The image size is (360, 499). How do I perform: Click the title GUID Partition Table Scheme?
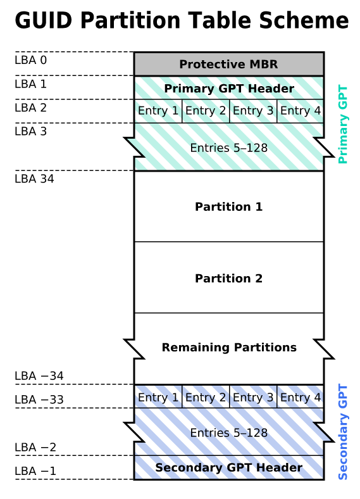[x=182, y=20]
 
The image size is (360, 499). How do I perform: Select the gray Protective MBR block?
[x=229, y=64]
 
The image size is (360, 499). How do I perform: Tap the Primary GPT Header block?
[x=229, y=88]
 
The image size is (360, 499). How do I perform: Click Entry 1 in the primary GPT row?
[x=158, y=111]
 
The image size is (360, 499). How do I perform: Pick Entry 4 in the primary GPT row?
[x=301, y=111]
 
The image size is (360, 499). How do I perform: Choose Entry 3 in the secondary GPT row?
[x=253, y=397]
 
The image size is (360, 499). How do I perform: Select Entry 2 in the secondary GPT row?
[x=206, y=397]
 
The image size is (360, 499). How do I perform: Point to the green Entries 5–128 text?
[x=228, y=148]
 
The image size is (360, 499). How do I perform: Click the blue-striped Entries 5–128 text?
[x=228, y=433]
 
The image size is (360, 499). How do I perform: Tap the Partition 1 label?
[x=228, y=207]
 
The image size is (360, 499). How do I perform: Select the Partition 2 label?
[x=228, y=279]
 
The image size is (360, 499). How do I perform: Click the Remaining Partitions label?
[x=229, y=348]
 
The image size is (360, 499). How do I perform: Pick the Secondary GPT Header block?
[x=229, y=467]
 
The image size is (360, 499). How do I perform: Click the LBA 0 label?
[x=30, y=60]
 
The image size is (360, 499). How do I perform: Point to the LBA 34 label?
[x=34, y=179]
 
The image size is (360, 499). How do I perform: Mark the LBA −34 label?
[x=39, y=376]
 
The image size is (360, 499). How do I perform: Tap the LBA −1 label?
[x=35, y=471]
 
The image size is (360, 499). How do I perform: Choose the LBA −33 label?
[x=39, y=400]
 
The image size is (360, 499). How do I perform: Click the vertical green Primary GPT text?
[x=343, y=124]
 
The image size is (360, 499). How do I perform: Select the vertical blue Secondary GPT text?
[x=343, y=432]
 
